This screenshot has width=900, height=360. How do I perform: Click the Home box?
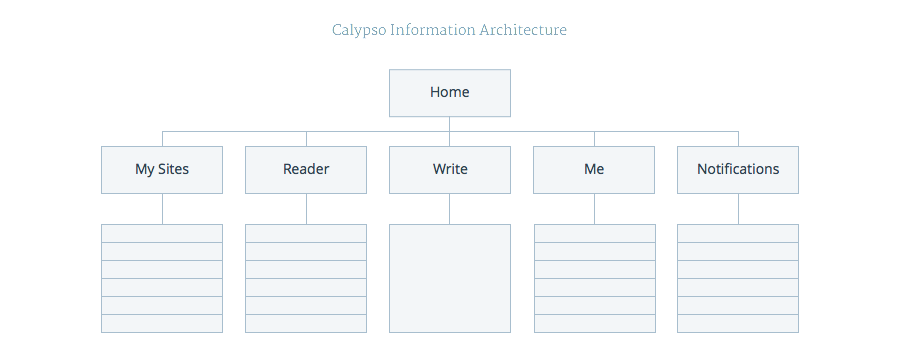click(x=449, y=93)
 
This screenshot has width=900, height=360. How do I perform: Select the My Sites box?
click(x=162, y=170)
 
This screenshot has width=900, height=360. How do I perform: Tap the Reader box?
click(x=306, y=170)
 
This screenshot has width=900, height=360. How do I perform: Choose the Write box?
click(x=449, y=170)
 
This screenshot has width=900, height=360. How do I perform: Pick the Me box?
click(x=594, y=170)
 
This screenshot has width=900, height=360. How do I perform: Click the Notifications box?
click(x=738, y=170)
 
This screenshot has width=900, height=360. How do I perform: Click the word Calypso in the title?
click(x=359, y=30)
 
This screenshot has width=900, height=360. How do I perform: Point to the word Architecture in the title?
click(x=523, y=30)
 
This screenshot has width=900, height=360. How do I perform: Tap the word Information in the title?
click(x=433, y=30)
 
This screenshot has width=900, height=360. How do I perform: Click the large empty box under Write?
click(x=449, y=278)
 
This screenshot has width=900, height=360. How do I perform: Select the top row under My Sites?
click(x=162, y=234)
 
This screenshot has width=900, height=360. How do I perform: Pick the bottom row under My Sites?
click(x=162, y=324)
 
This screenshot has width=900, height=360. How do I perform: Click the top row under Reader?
click(x=306, y=234)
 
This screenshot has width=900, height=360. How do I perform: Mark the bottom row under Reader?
click(x=306, y=324)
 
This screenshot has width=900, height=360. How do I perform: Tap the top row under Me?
click(x=595, y=234)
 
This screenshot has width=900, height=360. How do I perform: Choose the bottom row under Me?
click(x=595, y=324)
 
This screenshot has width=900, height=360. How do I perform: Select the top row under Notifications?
click(x=738, y=234)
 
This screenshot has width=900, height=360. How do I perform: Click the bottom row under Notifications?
click(x=738, y=324)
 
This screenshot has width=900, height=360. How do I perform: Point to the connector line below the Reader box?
click(x=306, y=209)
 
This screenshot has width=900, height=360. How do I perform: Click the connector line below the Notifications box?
click(x=738, y=209)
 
